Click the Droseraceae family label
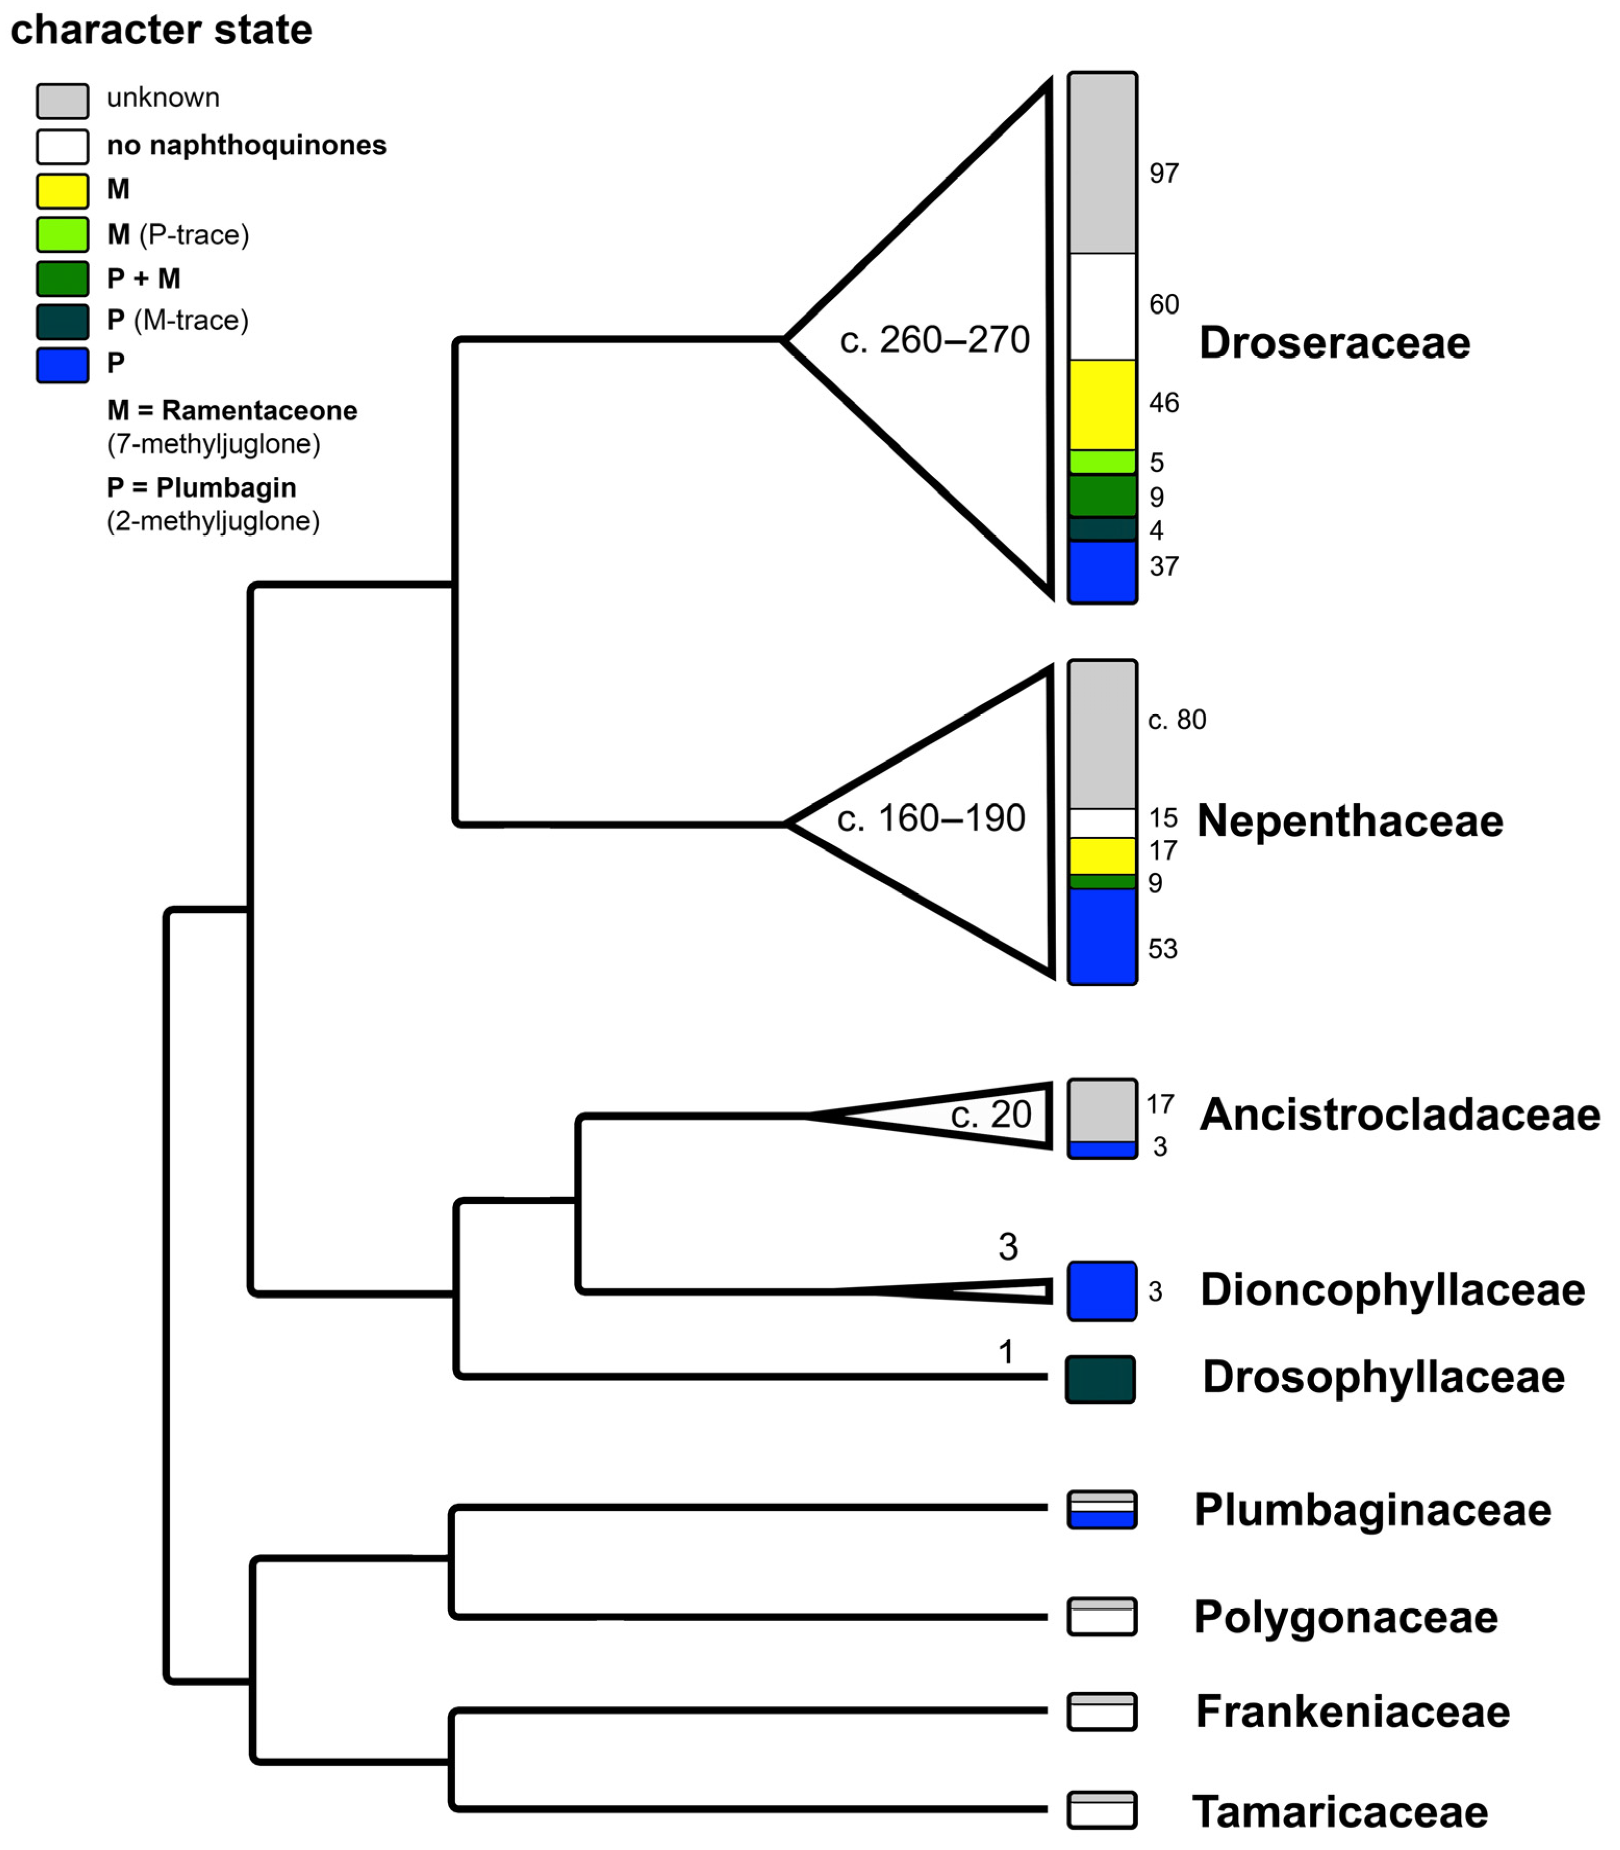(1334, 343)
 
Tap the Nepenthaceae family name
(1349, 822)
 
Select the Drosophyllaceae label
(1383, 1377)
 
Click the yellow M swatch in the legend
(62, 191)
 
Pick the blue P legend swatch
(62, 365)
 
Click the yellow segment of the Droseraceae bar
(1102, 405)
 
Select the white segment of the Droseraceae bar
(1102, 306)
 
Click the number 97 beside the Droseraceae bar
(1163, 174)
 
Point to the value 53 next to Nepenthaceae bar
(1163, 949)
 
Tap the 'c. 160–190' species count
(931, 819)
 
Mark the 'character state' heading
(161, 30)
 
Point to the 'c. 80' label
(1177, 720)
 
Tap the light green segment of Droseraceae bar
(1102, 462)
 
